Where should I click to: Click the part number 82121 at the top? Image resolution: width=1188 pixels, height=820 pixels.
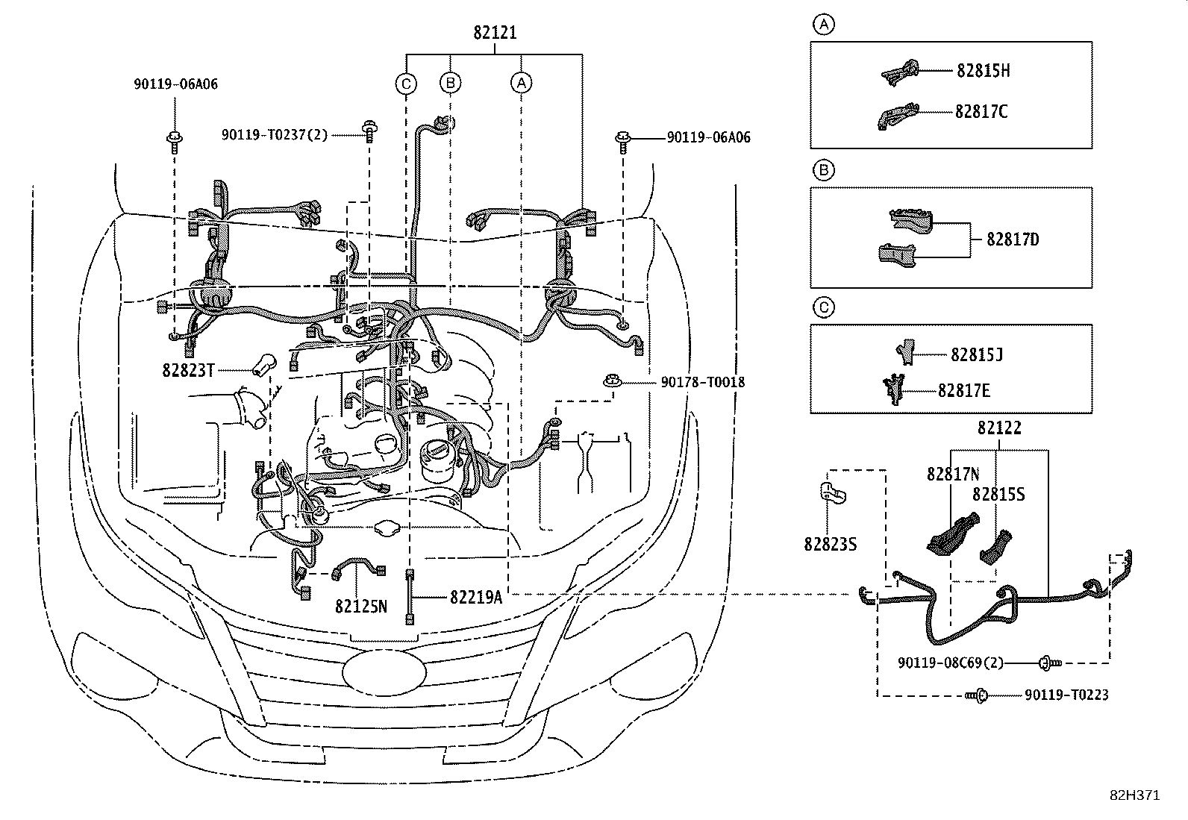[495, 33]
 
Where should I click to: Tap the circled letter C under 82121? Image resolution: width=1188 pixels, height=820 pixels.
[406, 84]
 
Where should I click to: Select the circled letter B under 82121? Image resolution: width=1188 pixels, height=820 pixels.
[450, 83]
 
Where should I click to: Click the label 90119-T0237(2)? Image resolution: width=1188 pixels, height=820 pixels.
[275, 135]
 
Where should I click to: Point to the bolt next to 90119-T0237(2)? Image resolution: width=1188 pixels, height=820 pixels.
[369, 132]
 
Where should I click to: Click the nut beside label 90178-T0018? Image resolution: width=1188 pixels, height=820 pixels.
[613, 381]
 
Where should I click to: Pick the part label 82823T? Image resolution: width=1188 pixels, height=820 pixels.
[188, 370]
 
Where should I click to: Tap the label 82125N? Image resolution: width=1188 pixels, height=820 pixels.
[360, 607]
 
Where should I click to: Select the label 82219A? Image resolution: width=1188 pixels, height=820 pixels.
[476, 597]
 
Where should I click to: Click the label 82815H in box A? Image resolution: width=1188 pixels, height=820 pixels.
[984, 71]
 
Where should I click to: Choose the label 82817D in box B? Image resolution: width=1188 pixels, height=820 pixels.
[1013, 240]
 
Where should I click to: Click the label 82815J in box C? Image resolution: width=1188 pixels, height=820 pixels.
[977, 354]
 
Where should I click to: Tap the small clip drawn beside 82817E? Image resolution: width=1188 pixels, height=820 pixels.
[894, 389]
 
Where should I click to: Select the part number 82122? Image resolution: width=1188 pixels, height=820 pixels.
[999, 428]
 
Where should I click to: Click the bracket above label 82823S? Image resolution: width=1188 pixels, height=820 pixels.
[833, 494]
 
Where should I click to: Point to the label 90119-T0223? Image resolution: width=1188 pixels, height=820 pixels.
[1066, 695]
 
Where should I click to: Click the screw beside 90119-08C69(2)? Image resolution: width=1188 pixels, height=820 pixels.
[1049, 663]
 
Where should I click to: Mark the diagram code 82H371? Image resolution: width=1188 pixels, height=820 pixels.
[1135, 795]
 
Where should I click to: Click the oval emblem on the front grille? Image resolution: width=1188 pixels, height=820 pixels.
[384, 672]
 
